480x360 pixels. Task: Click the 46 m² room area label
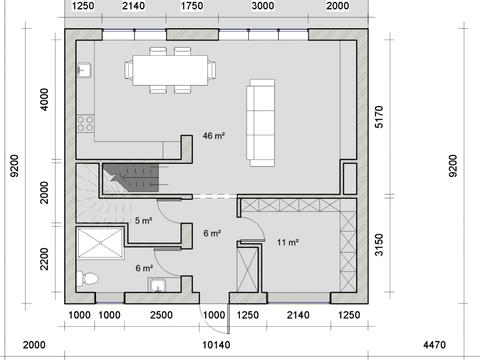point(214,136)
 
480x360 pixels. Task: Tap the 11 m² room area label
point(287,242)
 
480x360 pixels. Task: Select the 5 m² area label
point(144,220)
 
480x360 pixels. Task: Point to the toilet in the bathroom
point(87,279)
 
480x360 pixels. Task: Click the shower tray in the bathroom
point(100,243)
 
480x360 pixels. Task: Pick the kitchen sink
point(84,70)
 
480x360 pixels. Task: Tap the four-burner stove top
point(85,123)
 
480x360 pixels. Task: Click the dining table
point(170,70)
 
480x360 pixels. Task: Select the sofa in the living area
point(261,123)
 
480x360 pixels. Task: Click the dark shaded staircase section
point(133,178)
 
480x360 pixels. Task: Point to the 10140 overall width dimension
point(216,345)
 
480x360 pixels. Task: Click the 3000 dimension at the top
point(263,6)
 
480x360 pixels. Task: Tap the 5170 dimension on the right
point(379,117)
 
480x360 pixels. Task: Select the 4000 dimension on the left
point(44,99)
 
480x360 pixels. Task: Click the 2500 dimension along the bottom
point(161,315)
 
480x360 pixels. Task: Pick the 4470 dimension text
point(434,345)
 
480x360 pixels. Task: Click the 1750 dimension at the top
point(192,6)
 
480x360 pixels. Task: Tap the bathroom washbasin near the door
point(157,285)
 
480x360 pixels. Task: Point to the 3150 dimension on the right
point(379,245)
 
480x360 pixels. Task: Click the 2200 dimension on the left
point(44,259)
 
